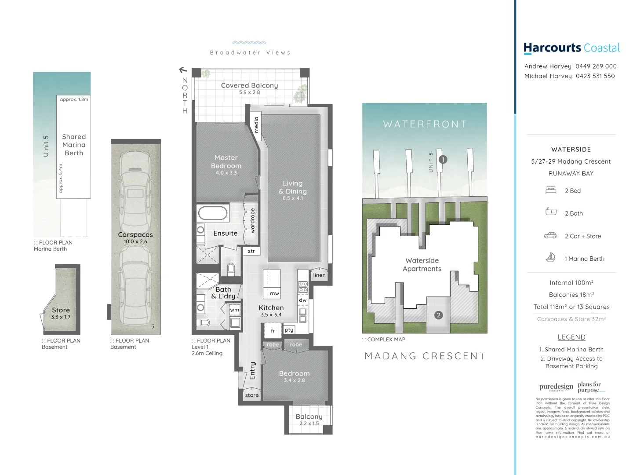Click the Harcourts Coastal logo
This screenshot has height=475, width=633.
(x=571, y=48)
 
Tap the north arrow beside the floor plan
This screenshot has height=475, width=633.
(x=183, y=70)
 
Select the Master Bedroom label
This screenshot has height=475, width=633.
(x=226, y=162)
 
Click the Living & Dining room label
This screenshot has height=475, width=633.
(x=293, y=187)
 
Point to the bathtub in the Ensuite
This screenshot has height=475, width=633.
(x=213, y=213)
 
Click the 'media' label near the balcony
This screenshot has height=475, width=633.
(x=257, y=124)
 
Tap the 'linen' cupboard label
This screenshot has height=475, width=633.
(x=319, y=275)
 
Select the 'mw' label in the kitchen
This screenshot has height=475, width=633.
(x=274, y=293)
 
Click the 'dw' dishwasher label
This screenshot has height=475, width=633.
(x=303, y=300)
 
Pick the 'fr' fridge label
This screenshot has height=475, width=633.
(x=273, y=331)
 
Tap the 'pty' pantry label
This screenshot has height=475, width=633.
(x=289, y=330)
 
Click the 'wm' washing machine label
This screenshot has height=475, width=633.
(x=235, y=310)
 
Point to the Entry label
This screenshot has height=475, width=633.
(x=252, y=371)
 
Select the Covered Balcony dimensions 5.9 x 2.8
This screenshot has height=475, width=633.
(x=249, y=92)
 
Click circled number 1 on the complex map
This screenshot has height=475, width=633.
(x=443, y=160)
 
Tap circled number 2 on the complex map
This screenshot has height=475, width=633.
(x=438, y=315)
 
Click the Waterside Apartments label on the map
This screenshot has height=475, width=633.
(x=422, y=265)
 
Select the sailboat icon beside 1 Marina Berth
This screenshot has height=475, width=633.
(x=550, y=258)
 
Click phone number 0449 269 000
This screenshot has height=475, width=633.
(x=596, y=66)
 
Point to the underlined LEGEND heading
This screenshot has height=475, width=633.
(x=571, y=337)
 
